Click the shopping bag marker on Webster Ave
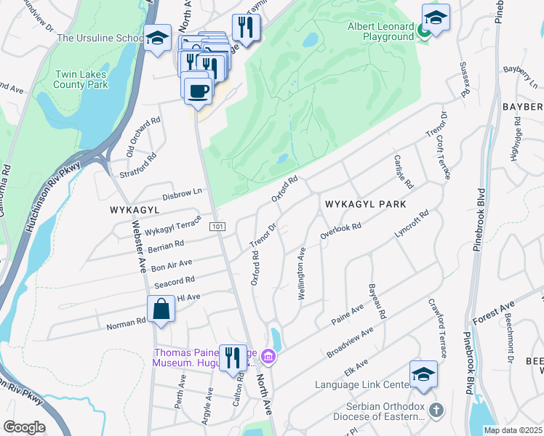tap(161, 310)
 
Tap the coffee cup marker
tap(198, 91)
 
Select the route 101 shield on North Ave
tap(217, 227)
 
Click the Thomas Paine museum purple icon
tap(268, 357)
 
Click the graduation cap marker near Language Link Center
tap(423, 374)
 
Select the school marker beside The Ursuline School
tap(156, 39)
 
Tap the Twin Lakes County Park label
tap(81, 79)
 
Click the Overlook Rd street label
tap(341, 233)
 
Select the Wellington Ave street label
tap(300, 275)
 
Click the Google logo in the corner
tap(24, 427)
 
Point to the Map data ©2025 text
tap(513, 430)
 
